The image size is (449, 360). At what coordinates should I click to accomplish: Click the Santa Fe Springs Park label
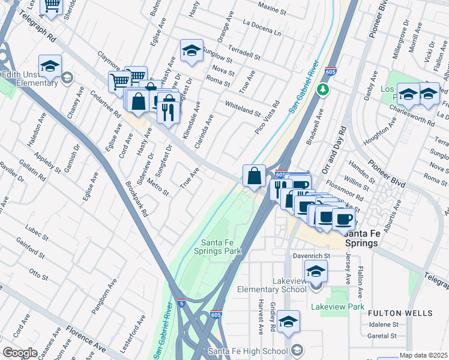pos(217,246)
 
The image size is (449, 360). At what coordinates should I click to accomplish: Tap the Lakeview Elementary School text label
pos(272,286)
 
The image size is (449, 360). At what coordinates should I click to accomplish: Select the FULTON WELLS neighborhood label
pos(400,313)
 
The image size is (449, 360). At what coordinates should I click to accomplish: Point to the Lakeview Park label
pos(337,307)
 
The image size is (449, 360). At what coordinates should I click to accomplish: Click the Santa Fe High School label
pos(247,351)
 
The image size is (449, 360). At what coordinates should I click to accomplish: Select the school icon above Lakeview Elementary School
pos(316,271)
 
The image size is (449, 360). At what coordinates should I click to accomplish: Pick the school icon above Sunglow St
pos(191,50)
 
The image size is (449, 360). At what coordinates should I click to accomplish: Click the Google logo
pos(20,352)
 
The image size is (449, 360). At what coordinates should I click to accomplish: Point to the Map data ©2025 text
pos(423,355)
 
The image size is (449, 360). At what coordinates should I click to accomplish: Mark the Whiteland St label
pos(243,109)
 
